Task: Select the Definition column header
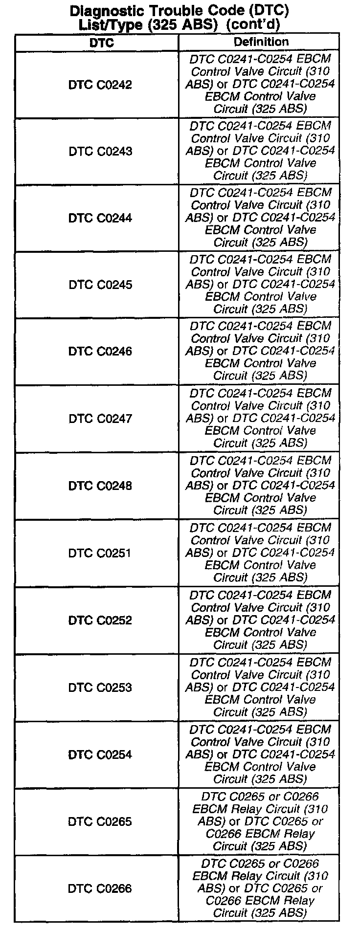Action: (x=261, y=42)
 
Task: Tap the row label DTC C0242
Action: (x=100, y=85)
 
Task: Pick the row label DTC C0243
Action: (x=100, y=151)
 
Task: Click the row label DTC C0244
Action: (x=100, y=218)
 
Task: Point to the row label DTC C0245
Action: (x=100, y=285)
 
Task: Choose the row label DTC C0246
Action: (x=100, y=351)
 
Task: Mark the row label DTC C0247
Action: (x=100, y=419)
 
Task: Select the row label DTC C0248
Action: (x=100, y=486)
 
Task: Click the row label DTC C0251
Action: (x=100, y=553)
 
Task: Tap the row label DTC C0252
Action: (x=100, y=620)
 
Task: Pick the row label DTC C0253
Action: (x=100, y=687)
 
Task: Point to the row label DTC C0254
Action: (x=100, y=754)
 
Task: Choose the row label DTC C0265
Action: (x=100, y=821)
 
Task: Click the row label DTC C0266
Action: (x=100, y=888)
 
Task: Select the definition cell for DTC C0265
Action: (x=260, y=821)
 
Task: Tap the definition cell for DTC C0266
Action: (x=260, y=888)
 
